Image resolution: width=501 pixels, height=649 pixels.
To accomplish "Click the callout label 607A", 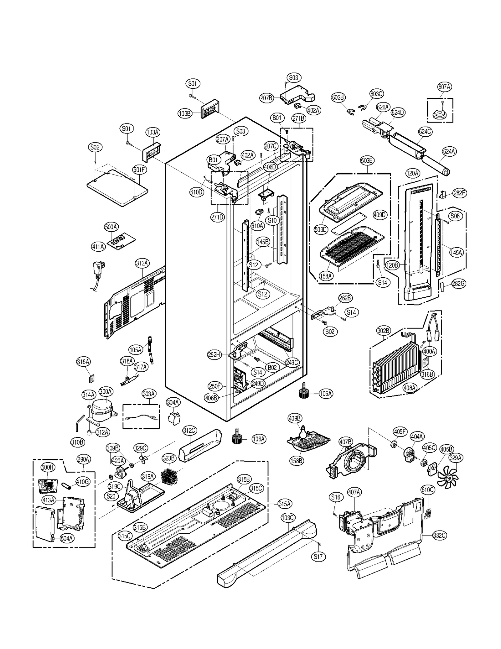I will [444, 87].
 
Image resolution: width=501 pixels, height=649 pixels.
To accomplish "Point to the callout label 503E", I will [367, 160].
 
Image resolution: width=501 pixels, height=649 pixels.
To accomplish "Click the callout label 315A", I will [285, 504].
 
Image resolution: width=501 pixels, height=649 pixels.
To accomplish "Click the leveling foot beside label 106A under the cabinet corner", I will [303, 392].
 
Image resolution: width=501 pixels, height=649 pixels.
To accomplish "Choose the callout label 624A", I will [449, 152].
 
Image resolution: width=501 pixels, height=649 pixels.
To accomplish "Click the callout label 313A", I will [142, 263].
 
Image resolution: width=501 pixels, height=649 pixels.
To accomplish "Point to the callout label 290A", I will [84, 459].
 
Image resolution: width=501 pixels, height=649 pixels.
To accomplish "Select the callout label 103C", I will [287, 518].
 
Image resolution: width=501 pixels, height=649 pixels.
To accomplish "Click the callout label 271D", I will [217, 217].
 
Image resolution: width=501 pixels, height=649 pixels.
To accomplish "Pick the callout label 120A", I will [412, 173].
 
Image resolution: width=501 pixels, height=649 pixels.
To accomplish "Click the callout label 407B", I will [346, 442].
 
